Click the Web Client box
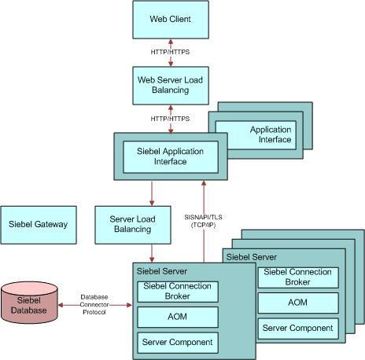[x=170, y=19]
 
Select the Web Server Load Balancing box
[x=170, y=84]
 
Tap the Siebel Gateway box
[x=39, y=224]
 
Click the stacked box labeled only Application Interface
[x=270, y=134]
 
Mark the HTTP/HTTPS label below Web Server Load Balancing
[x=170, y=117]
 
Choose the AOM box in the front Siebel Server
[x=176, y=318]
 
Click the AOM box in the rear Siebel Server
[x=297, y=303]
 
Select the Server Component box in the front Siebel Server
[x=176, y=343]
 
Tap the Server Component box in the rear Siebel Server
[x=297, y=328]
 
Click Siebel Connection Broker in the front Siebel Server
[x=176, y=292]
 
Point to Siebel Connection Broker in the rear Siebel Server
[x=297, y=277]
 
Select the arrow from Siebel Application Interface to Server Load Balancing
[x=152, y=193]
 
